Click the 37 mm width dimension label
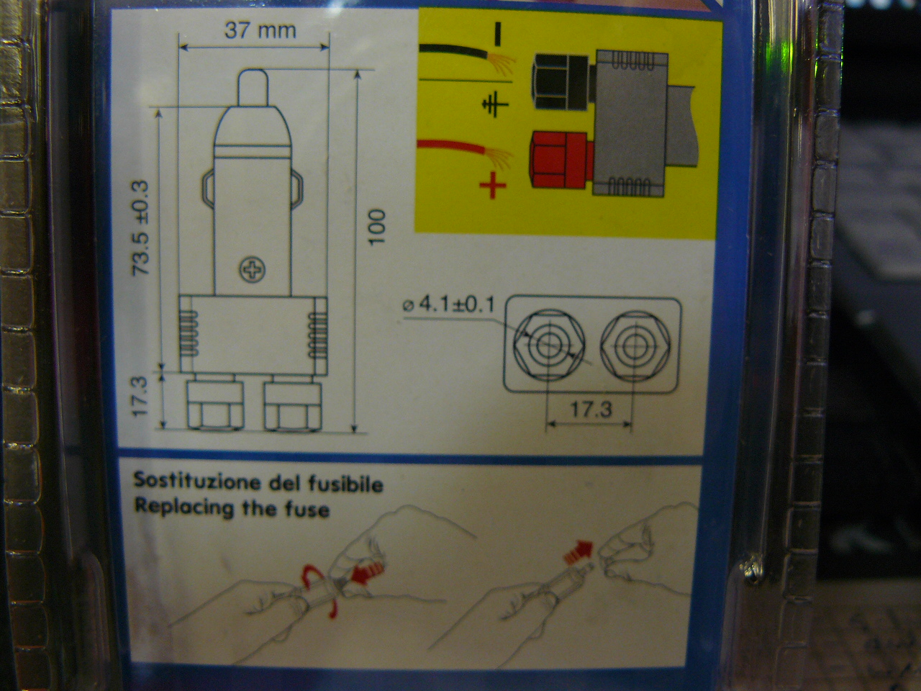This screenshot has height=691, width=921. coord(260,31)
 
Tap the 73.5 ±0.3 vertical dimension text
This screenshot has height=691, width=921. coord(141,228)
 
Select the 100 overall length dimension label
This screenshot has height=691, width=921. coord(377,227)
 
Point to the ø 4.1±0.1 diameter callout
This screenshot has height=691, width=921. coord(449,305)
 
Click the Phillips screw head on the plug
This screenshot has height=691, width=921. coord(252,269)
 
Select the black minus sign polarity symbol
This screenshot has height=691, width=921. coord(498,32)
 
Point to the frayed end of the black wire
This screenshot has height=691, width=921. coord(502,63)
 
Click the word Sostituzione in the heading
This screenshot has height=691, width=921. coord(197,482)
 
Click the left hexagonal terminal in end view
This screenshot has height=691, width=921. coord(549,345)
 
